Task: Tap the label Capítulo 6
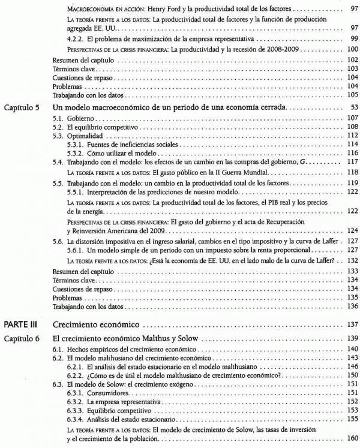coord(22,338)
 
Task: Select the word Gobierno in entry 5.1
coord(81,118)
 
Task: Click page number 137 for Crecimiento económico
coord(352,324)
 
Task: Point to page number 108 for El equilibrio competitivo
coord(352,127)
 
